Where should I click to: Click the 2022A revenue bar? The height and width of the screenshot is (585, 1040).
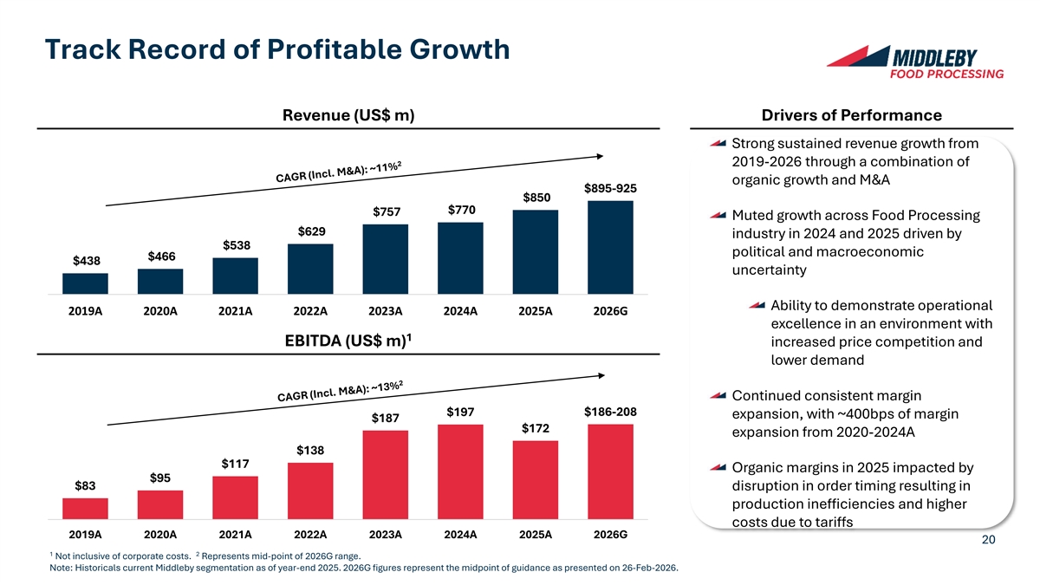(310, 270)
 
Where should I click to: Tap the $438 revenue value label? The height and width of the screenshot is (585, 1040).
(86, 261)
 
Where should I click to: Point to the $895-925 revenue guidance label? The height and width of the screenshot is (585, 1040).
(611, 189)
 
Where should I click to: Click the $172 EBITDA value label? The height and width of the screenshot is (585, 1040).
(536, 428)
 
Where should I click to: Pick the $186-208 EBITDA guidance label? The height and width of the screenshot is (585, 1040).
(611, 412)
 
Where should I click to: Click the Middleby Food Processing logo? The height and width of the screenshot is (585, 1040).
(915, 62)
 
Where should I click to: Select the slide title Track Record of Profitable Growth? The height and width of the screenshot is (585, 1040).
(276, 49)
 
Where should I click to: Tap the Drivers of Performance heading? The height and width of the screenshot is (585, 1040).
(851, 115)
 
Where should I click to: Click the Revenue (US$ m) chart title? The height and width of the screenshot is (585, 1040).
(347, 116)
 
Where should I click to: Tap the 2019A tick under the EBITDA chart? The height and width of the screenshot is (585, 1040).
(85, 535)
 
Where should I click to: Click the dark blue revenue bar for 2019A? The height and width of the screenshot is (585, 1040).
(85, 284)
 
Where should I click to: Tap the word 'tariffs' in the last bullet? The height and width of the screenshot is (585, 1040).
(830, 521)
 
